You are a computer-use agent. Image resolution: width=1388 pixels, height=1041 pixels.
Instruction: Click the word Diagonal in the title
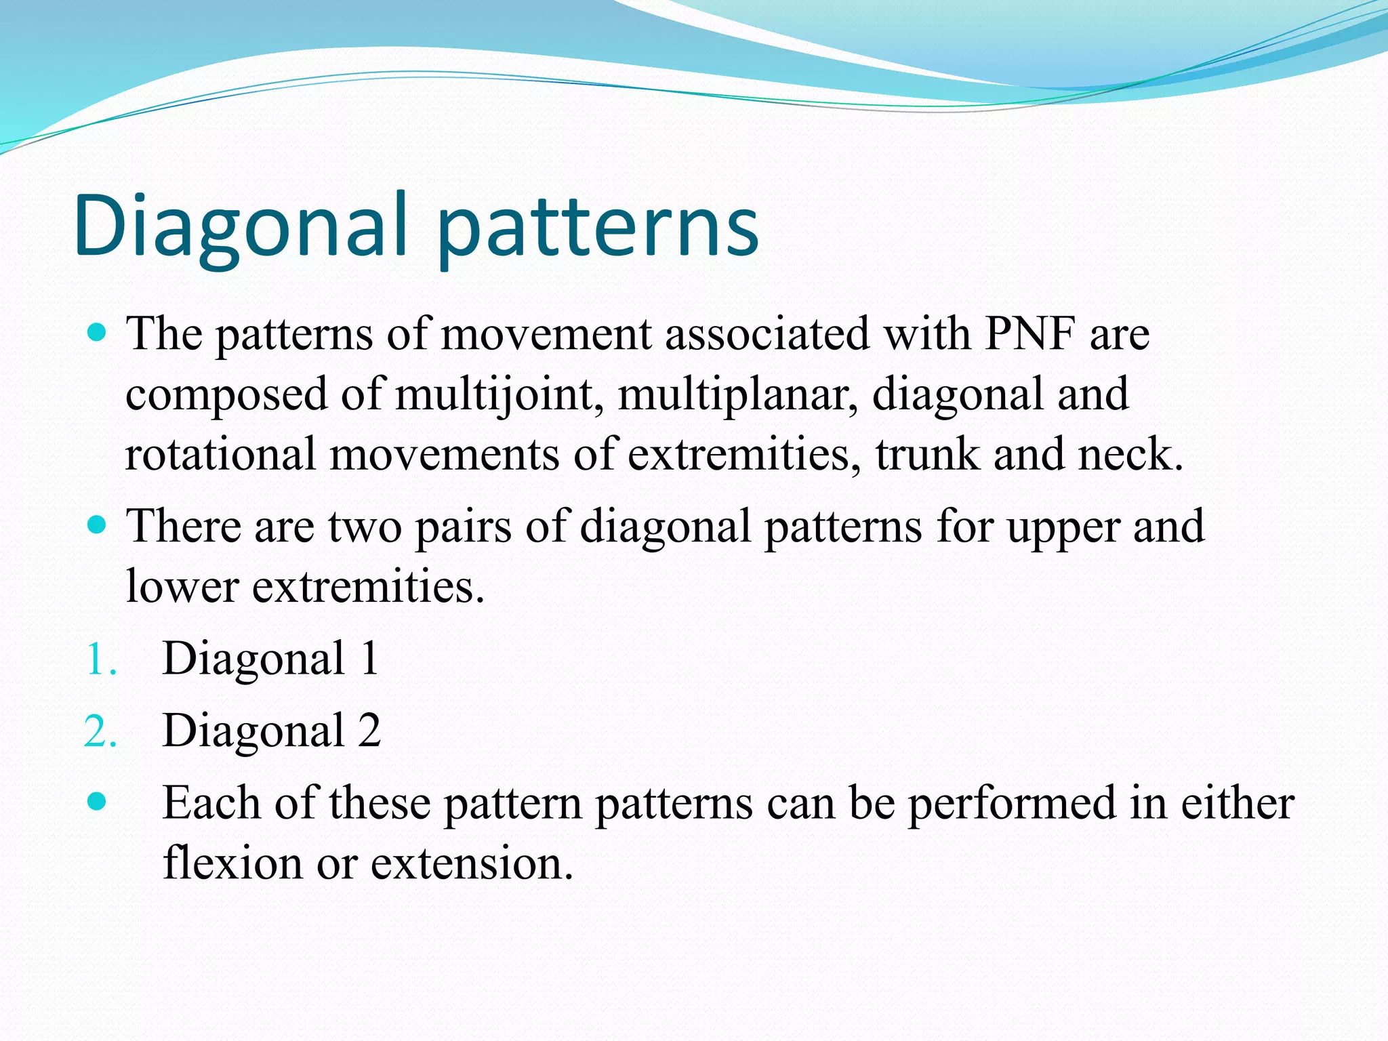click(x=241, y=227)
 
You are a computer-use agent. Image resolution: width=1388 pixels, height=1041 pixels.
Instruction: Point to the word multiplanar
click(x=737, y=394)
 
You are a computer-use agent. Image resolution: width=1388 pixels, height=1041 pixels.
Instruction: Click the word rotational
click(x=220, y=454)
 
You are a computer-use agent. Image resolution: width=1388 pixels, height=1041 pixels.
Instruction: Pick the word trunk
click(x=927, y=454)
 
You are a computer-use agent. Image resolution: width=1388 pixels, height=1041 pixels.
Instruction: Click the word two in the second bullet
click(x=365, y=527)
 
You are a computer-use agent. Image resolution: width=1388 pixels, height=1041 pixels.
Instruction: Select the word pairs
click(x=463, y=527)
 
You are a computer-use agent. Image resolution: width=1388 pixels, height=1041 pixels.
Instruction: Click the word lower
click(x=182, y=586)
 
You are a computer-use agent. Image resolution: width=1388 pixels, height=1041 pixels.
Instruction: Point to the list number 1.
click(x=100, y=659)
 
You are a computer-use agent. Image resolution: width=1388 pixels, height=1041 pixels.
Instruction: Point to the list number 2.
click(x=100, y=732)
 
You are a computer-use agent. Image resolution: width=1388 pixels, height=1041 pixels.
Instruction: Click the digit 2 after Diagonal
click(x=369, y=731)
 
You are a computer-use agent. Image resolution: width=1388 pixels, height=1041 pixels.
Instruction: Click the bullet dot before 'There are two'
click(x=98, y=525)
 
